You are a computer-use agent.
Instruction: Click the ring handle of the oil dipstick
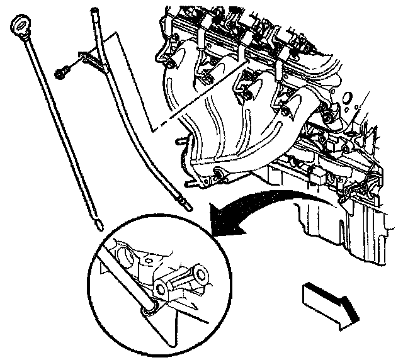coord(19,26)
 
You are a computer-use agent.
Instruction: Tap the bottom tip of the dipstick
coord(98,221)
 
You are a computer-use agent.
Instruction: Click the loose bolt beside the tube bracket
coord(62,73)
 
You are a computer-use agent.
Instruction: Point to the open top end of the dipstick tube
coord(95,10)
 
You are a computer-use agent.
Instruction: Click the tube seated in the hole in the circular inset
coord(149,306)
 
